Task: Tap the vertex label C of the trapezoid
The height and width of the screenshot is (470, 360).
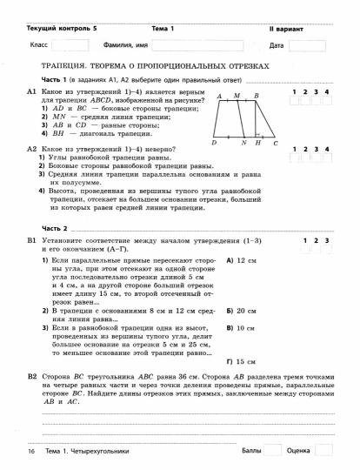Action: pyautogui.click(x=276, y=143)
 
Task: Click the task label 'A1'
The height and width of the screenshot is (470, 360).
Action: pyautogui.click(x=31, y=91)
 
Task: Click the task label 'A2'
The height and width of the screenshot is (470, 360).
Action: pyautogui.click(x=31, y=149)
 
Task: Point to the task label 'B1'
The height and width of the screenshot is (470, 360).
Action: pyautogui.click(x=31, y=239)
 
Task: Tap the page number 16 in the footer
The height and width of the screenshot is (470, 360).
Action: pyautogui.click(x=30, y=452)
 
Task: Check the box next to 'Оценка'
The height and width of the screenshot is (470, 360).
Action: pyautogui.click(x=323, y=451)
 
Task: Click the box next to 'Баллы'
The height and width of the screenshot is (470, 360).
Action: pyautogui.click(x=273, y=451)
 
